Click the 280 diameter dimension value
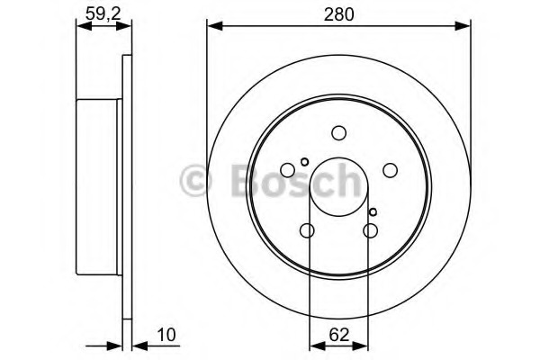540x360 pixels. point(338,14)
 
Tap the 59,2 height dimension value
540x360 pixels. point(103,13)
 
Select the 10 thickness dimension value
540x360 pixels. point(166,335)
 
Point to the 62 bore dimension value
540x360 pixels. point(339,335)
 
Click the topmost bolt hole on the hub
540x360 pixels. point(339,133)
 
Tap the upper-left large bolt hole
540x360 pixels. point(288,170)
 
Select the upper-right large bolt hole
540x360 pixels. point(391,170)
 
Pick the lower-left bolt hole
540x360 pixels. point(307,230)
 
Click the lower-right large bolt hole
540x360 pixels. point(371,230)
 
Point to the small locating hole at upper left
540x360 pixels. point(304,162)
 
